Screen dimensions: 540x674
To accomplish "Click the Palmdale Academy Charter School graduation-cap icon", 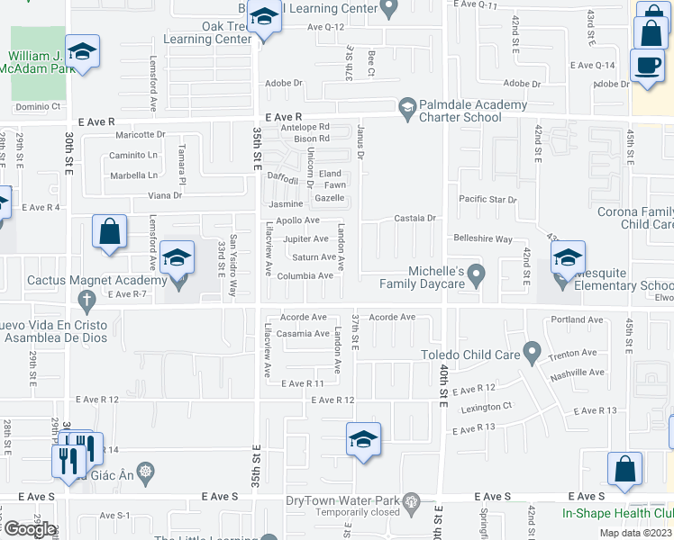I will [407, 106].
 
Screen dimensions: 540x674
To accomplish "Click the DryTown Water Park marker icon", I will [412, 501].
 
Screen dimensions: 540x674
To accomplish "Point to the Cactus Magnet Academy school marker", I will [178, 259].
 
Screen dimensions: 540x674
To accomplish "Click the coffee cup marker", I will [647, 66].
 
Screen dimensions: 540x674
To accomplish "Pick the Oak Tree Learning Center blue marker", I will [264, 18].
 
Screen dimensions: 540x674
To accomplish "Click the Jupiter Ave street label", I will [305, 239].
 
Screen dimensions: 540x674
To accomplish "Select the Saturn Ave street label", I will [314, 257].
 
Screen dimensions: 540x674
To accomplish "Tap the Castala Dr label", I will [415, 219].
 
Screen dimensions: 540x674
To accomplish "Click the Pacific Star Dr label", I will [487, 199].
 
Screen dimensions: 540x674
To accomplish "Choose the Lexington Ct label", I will [487, 406].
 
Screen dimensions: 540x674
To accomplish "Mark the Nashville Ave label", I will [578, 372].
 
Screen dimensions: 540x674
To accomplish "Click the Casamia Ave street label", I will [303, 334].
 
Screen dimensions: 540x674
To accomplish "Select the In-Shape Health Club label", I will [618, 514].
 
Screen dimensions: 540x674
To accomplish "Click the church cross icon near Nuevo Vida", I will [87, 299].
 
